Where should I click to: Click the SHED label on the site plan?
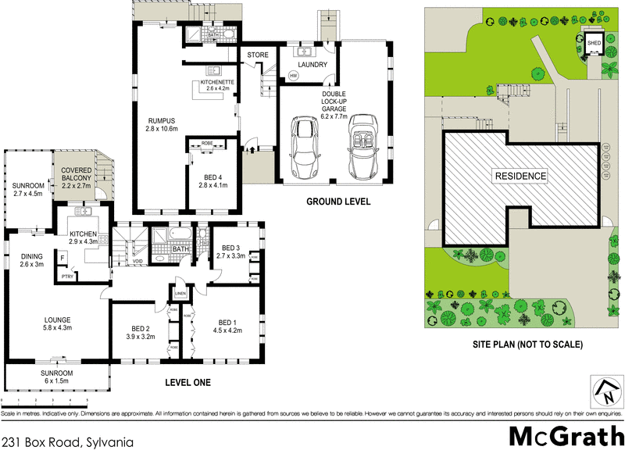click(x=595, y=43)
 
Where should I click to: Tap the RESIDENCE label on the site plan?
click(x=519, y=176)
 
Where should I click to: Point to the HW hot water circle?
click(x=294, y=76)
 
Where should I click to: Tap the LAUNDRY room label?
click(x=312, y=65)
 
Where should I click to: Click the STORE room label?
click(x=257, y=55)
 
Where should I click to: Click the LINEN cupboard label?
click(x=181, y=294)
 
